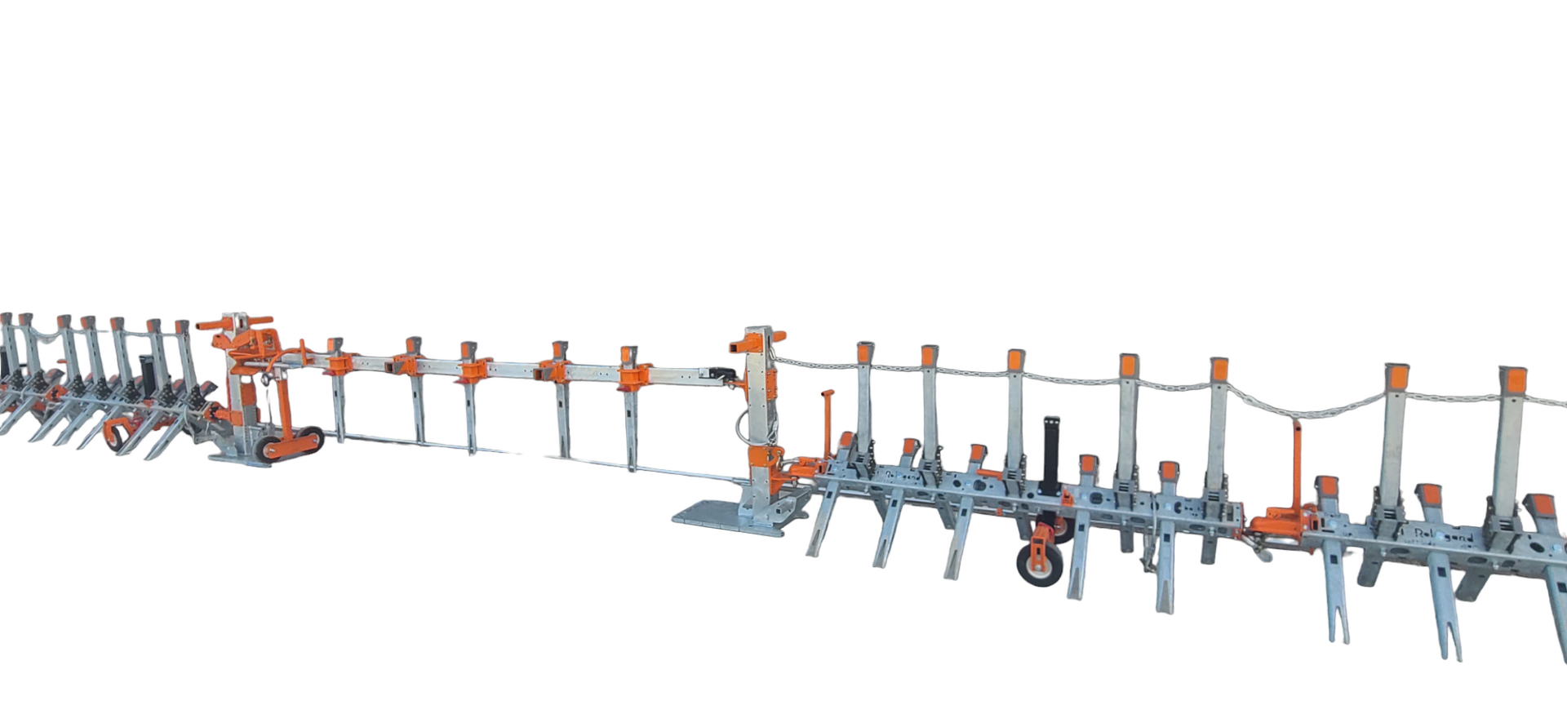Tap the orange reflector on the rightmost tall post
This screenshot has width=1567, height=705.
(1512, 380)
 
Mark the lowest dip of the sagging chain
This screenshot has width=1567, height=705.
(1306, 415)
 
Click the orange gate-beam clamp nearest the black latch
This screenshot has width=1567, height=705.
(633, 375)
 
